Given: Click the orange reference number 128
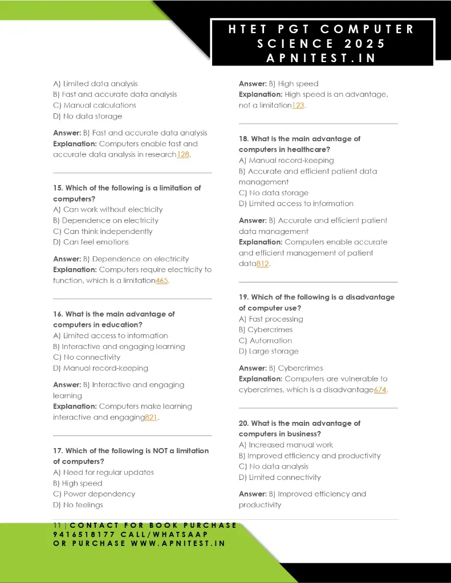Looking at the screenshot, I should pyautogui.click(x=182, y=155).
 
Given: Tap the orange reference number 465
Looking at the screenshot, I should pyautogui.click(x=162, y=281).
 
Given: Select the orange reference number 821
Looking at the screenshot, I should pyautogui.click(x=151, y=417).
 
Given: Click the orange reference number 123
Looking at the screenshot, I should pyautogui.click(x=298, y=105).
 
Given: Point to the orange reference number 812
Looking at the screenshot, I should pyautogui.click(x=262, y=264).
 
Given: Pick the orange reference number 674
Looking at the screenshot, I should pyautogui.click(x=380, y=390).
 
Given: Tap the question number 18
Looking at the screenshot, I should pyautogui.click(x=243, y=139).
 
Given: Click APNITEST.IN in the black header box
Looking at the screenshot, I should pyautogui.click(x=322, y=58).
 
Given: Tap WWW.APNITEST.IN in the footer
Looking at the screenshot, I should pyautogui.click(x=178, y=543).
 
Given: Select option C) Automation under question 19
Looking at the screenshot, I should pyautogui.click(x=265, y=340).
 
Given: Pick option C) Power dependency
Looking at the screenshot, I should pyautogui.click(x=94, y=494).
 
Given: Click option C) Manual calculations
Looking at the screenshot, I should pyautogui.click(x=95, y=105).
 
